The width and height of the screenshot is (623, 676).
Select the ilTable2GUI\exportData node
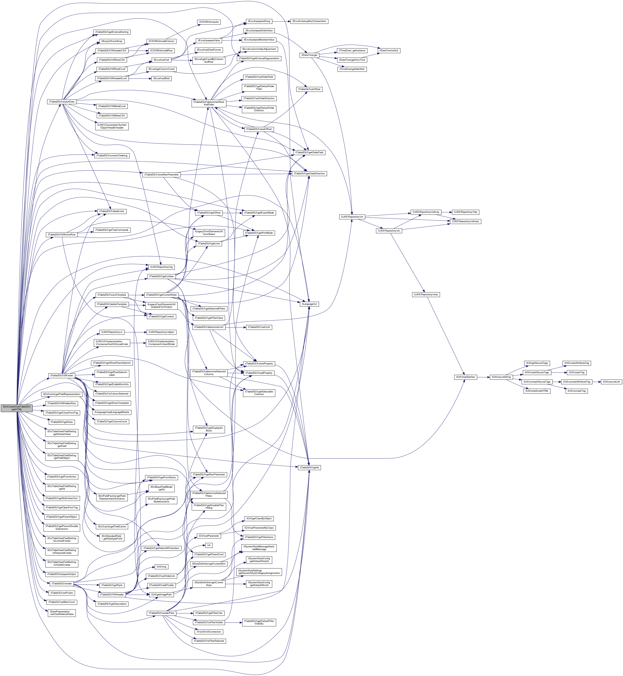(62, 102)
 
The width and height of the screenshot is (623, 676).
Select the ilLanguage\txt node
(309, 304)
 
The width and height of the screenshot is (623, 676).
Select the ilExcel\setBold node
(162, 78)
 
